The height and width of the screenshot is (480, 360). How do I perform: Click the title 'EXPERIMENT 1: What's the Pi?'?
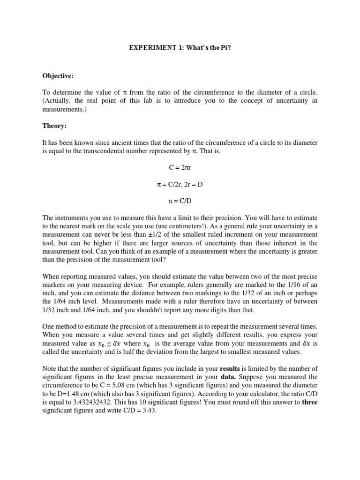pyautogui.click(x=180, y=48)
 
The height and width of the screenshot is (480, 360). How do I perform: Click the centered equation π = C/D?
pyautogui.click(x=180, y=201)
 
